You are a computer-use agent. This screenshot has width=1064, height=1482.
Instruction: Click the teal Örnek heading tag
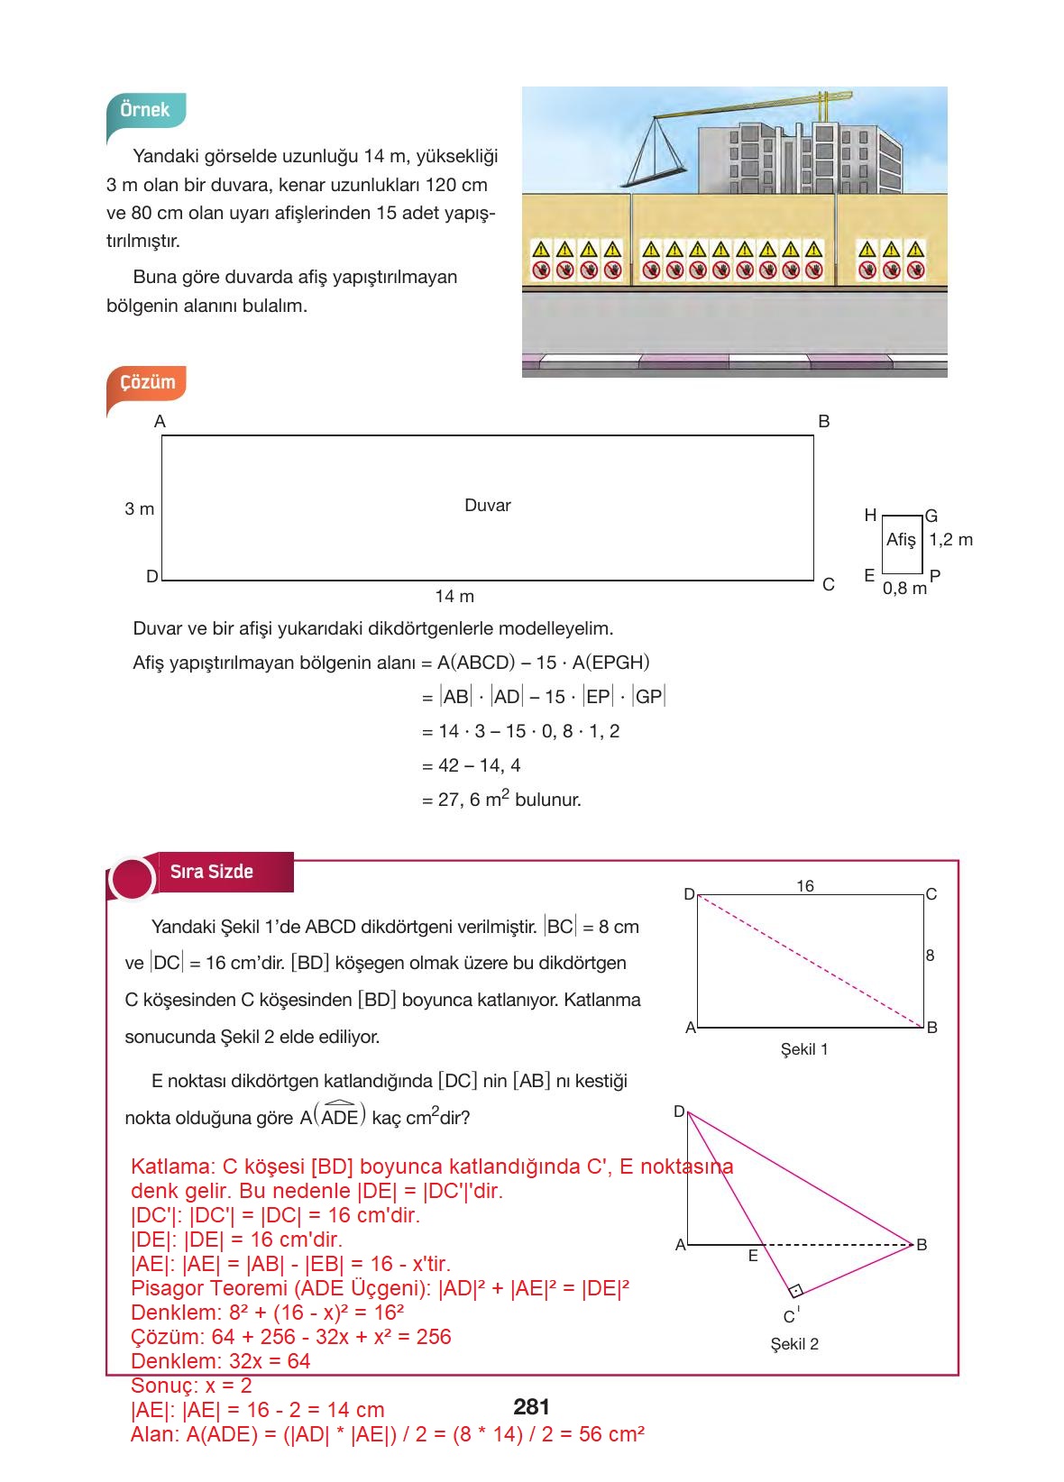pyautogui.click(x=145, y=110)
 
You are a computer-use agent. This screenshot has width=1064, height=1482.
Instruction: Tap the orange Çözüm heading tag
pyautogui.click(x=147, y=382)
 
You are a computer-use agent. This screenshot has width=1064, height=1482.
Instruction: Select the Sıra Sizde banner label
pyautogui.click(x=212, y=872)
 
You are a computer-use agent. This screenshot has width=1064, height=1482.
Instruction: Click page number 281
pyautogui.click(x=531, y=1407)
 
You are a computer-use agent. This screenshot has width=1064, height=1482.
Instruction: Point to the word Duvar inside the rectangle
pyautogui.click(x=488, y=506)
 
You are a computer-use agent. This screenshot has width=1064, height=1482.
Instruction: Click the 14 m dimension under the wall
pyautogui.click(x=454, y=597)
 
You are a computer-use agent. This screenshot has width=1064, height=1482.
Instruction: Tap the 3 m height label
pyautogui.click(x=140, y=509)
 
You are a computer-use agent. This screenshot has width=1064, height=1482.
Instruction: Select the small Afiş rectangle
pyautogui.click(x=901, y=544)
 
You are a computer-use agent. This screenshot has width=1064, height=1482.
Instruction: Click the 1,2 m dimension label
pyautogui.click(x=950, y=540)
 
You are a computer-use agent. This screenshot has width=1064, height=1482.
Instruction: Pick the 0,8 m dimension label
pyautogui.click(x=904, y=589)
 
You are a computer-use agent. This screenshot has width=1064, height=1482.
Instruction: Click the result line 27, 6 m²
pyautogui.click(x=501, y=800)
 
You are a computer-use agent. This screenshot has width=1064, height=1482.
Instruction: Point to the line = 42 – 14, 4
pyautogui.click(x=472, y=765)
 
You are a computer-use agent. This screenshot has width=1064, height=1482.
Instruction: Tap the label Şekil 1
pyautogui.click(x=804, y=1049)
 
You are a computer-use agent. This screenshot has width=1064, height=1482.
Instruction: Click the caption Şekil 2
pyautogui.click(x=794, y=1344)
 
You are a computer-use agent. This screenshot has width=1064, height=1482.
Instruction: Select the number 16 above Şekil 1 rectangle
pyautogui.click(x=805, y=886)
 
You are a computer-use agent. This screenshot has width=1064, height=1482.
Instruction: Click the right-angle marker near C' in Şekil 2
pyautogui.click(x=795, y=1290)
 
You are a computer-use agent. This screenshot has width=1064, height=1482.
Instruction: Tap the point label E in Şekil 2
pyautogui.click(x=753, y=1255)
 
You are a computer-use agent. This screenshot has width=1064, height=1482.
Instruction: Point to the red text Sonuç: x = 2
pyautogui.click(x=191, y=1386)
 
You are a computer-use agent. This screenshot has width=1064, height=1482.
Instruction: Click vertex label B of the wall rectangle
pyautogui.click(x=823, y=421)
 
